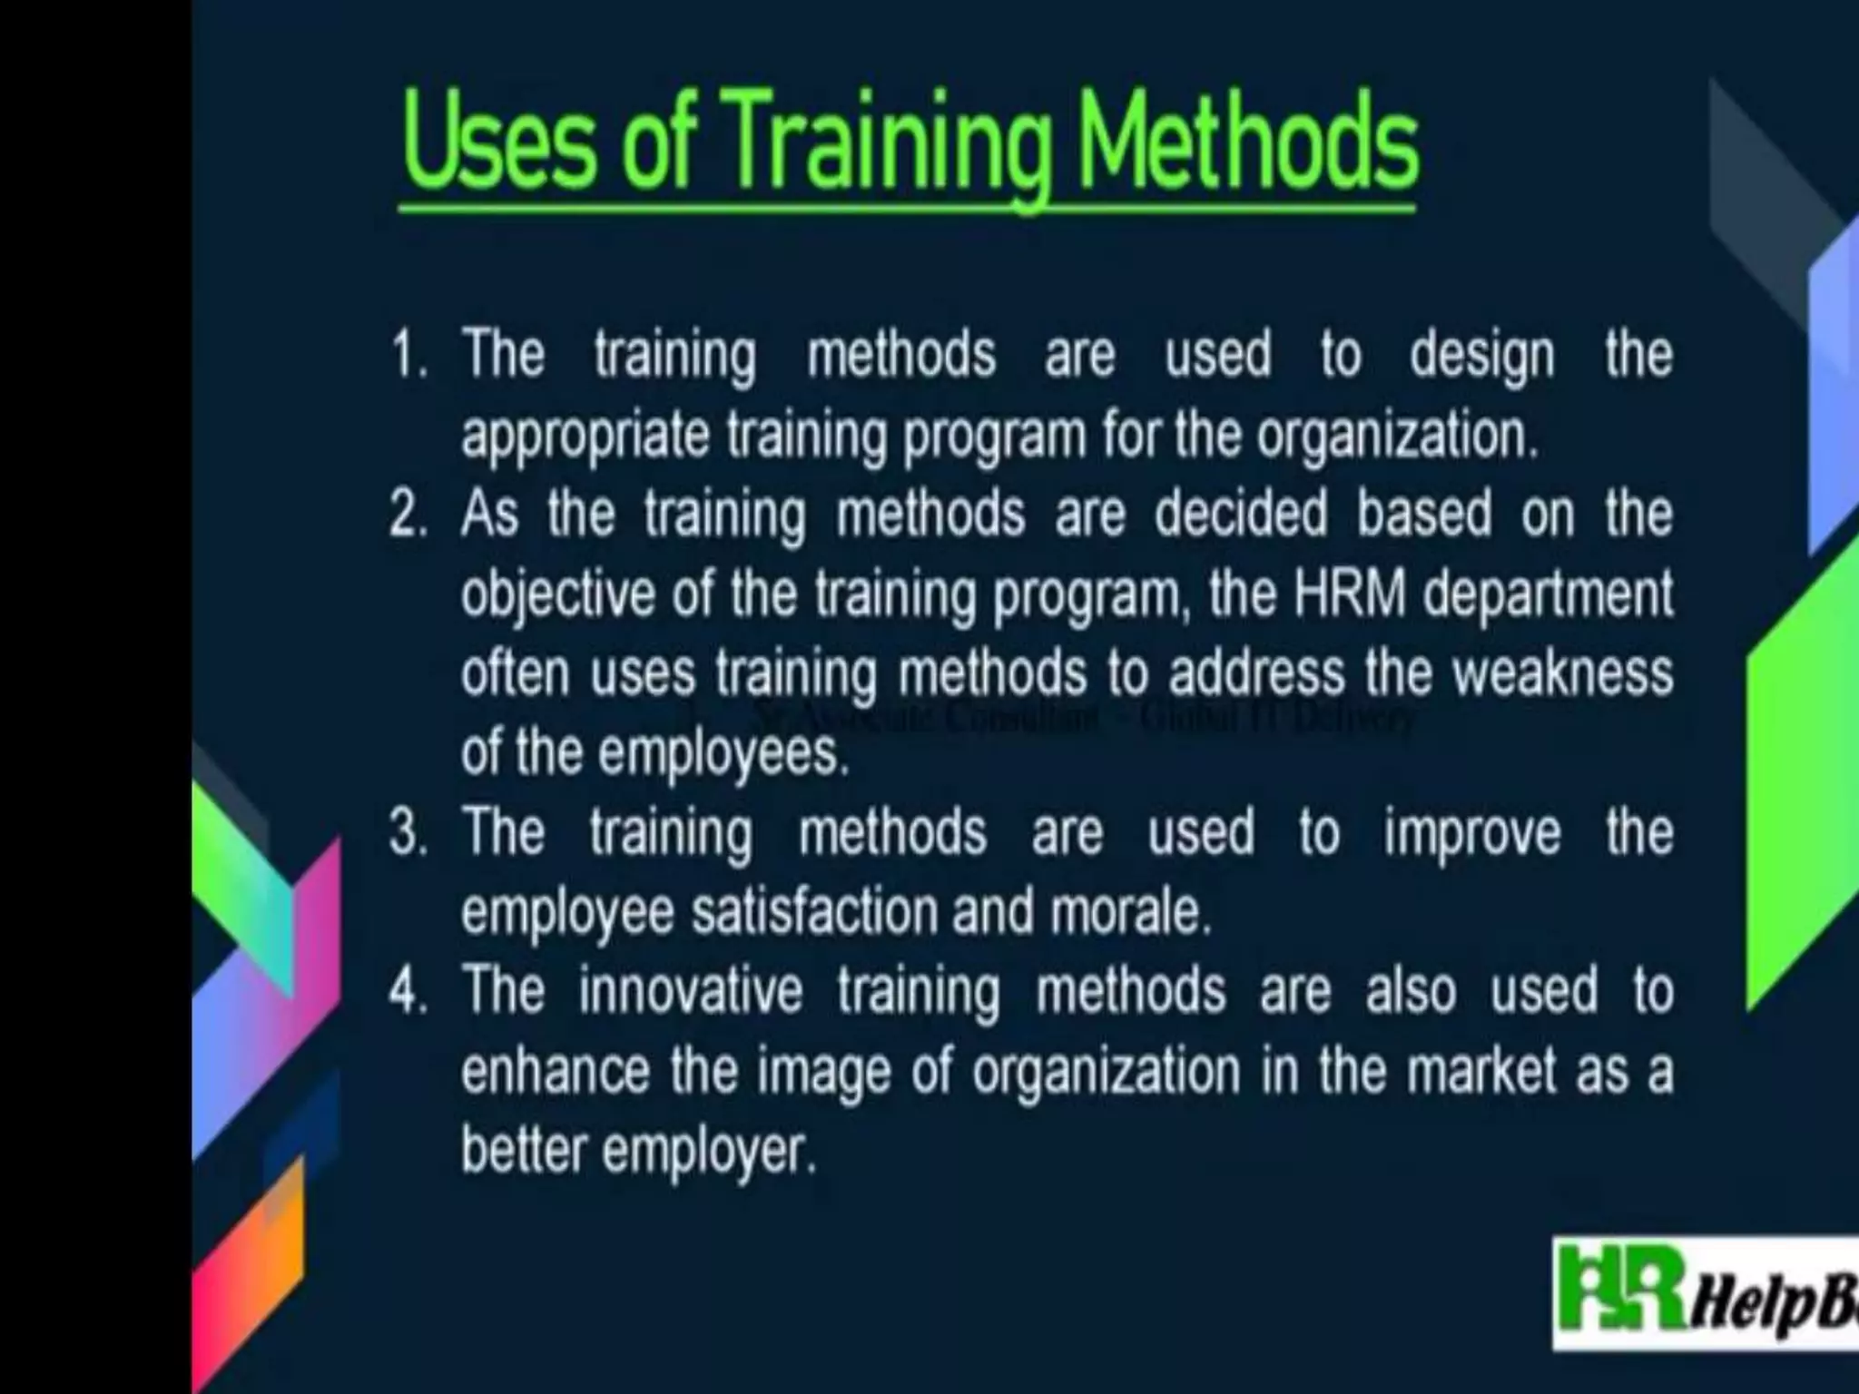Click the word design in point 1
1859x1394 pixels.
[1481, 356]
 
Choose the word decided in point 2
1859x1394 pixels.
[1241, 515]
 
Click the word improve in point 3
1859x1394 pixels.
[1471, 834]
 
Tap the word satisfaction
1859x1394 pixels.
[814, 912]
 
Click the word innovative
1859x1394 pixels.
[690, 991]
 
